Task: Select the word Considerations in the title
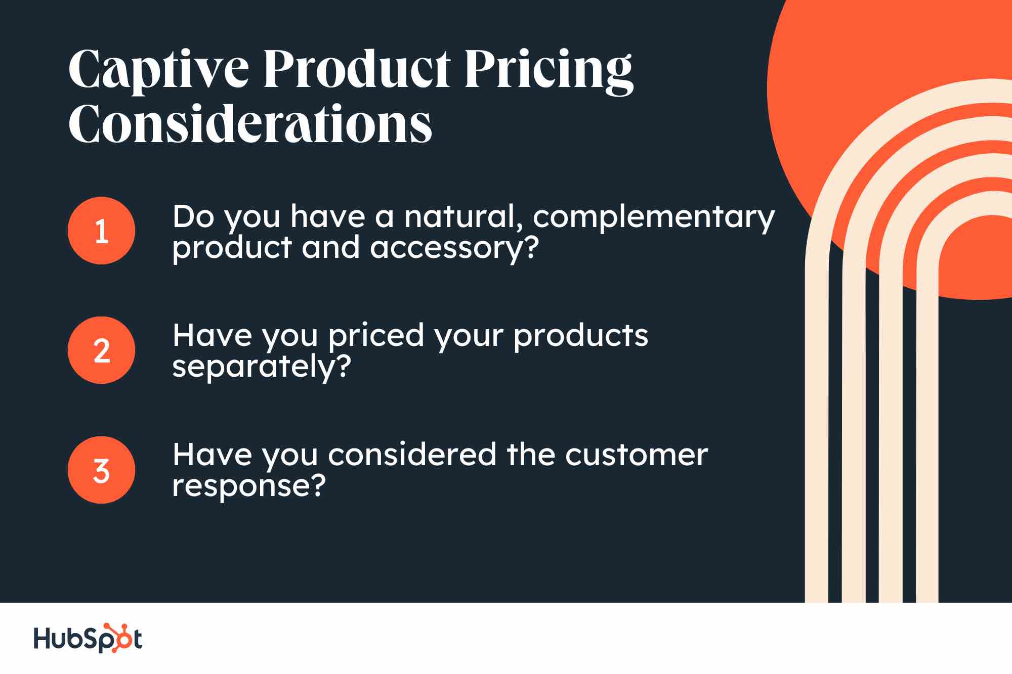click(250, 124)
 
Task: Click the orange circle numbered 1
click(101, 231)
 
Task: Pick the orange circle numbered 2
click(101, 350)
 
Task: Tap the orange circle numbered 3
click(101, 470)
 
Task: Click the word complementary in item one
click(653, 217)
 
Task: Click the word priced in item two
click(376, 336)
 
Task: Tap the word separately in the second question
click(253, 367)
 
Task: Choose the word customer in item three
click(636, 455)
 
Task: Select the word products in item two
click(580, 336)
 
